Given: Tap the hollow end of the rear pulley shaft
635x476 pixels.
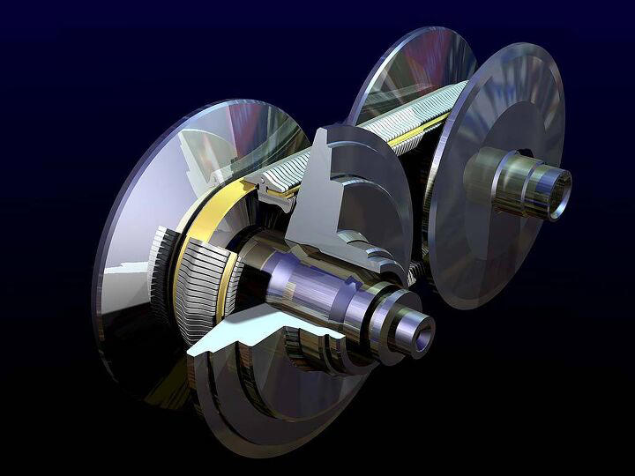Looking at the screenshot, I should tap(559, 183).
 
